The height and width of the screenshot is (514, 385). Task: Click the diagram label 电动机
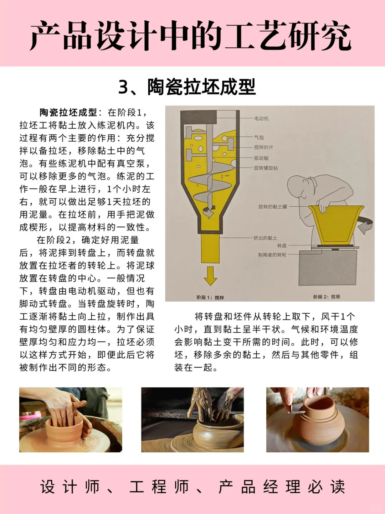point(261,119)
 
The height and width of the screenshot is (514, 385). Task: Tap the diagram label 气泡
point(259,137)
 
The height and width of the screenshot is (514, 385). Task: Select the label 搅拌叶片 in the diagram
point(263,147)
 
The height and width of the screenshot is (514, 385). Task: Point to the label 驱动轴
point(261,158)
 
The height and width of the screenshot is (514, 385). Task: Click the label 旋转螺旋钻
point(266,168)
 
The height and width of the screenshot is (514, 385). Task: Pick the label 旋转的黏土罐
point(272,207)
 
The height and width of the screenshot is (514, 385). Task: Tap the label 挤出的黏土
point(265,238)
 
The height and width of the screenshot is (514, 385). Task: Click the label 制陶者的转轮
point(272,255)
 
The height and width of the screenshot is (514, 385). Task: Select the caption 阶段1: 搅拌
point(210,297)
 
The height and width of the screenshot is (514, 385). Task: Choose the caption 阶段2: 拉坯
point(327,297)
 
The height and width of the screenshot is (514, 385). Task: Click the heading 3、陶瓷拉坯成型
point(187,87)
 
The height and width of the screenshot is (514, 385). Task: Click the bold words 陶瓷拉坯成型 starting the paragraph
point(68,113)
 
